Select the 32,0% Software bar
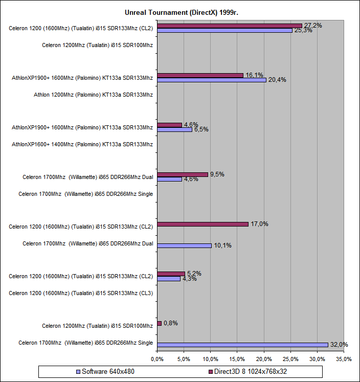click(242, 345)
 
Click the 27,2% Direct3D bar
click(230, 26)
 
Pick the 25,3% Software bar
click(224, 30)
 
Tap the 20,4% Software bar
click(212, 80)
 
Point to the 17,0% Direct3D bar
click(202, 224)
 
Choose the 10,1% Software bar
click(184, 245)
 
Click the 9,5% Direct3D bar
click(183, 174)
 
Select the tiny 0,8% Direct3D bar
click(160, 323)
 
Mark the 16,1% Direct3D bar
click(200, 75)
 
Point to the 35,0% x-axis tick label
click(344, 359)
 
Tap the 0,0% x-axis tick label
click(157, 359)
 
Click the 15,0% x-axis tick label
click(237, 359)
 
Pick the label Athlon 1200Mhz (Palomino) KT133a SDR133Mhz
click(93, 95)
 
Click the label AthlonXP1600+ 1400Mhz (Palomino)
click(82, 144)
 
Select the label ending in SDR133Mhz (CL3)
click(81, 293)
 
